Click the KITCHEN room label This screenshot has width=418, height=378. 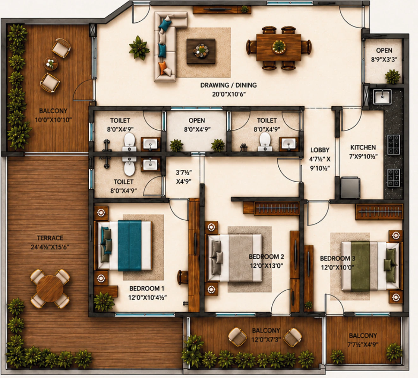(363, 147)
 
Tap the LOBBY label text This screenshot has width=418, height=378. (320, 150)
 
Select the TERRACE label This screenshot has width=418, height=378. (50, 238)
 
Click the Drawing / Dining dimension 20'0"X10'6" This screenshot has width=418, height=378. (229, 94)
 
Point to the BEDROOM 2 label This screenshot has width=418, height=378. (266, 257)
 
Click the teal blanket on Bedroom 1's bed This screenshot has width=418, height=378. (130, 246)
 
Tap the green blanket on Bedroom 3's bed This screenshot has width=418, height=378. (360, 266)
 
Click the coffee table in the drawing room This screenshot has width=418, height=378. (201, 51)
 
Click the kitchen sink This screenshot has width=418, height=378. (382, 97)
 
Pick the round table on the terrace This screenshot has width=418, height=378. (50, 289)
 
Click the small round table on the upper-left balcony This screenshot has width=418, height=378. (51, 63)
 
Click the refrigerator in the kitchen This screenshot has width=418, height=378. (351, 187)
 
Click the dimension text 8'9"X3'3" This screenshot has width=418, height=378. (384, 60)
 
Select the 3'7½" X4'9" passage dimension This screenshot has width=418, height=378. (184, 177)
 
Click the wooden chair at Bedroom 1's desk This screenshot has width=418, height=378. (183, 277)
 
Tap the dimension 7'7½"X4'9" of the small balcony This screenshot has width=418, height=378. (363, 344)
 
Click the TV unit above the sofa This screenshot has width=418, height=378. (222, 10)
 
